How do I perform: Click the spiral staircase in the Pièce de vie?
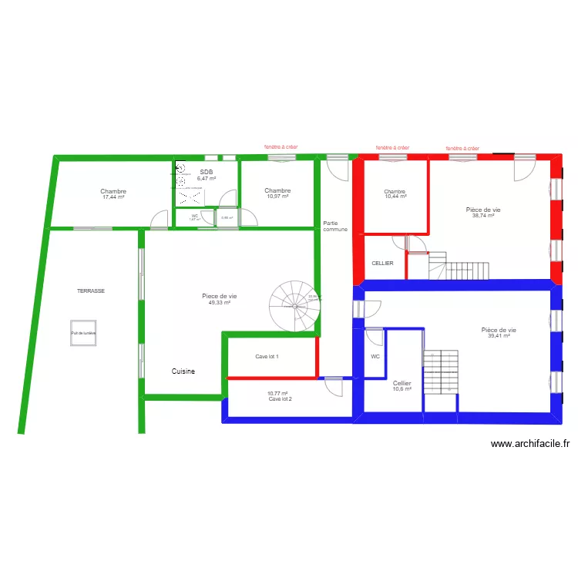point(294,305)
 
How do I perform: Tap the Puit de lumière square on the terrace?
point(82,333)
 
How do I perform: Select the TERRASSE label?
point(91,291)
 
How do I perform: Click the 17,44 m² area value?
point(113,197)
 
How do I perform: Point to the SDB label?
point(206,173)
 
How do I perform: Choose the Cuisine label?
point(183,371)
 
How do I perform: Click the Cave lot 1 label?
point(267,357)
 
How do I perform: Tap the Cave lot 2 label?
point(280,399)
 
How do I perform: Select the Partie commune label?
point(335,227)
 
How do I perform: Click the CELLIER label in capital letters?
point(382,264)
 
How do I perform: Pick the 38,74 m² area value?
point(483,216)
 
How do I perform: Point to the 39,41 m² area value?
point(502,336)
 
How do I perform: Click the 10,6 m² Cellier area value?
point(402,389)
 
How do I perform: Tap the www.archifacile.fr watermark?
point(530,444)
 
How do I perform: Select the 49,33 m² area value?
point(220,303)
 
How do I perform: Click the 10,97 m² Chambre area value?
point(277,197)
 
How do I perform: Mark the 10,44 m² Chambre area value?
point(395,197)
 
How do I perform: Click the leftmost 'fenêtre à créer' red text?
point(281,146)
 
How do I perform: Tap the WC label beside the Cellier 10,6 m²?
point(375,357)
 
